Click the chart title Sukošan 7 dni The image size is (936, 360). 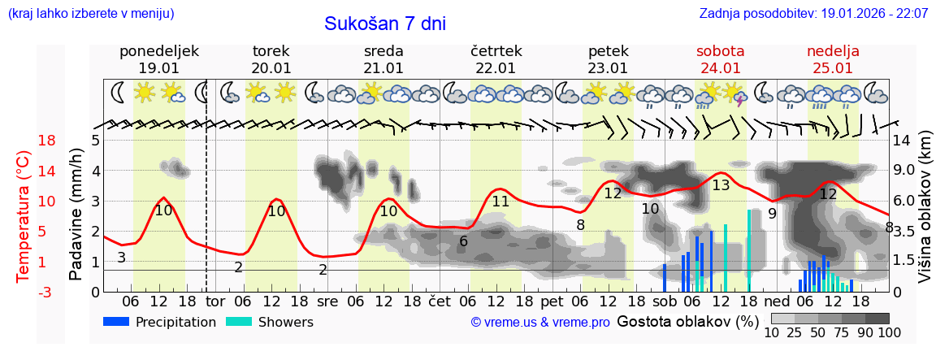click(x=385, y=24)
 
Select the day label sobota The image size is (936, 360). click(x=720, y=51)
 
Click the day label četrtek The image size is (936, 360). click(x=496, y=51)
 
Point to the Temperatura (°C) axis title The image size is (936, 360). click(x=24, y=216)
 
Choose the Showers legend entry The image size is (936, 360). click(x=269, y=322)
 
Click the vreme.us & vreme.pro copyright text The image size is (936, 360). click(x=540, y=323)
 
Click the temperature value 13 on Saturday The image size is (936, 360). click(x=721, y=185)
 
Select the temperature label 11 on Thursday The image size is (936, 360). click(x=500, y=202)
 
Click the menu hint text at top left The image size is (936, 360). click(x=91, y=14)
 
